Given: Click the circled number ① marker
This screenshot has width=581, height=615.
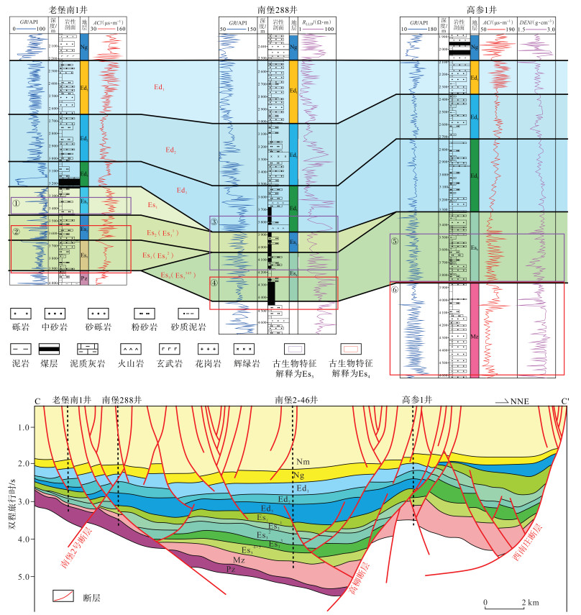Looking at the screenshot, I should pyautogui.click(x=16, y=204).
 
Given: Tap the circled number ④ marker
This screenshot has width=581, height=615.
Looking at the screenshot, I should pyautogui.click(x=215, y=282).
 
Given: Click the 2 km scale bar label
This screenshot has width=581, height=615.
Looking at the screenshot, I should pyautogui.click(x=531, y=601).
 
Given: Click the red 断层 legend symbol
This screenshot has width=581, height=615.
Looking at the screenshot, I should pyautogui.click(x=64, y=596).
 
